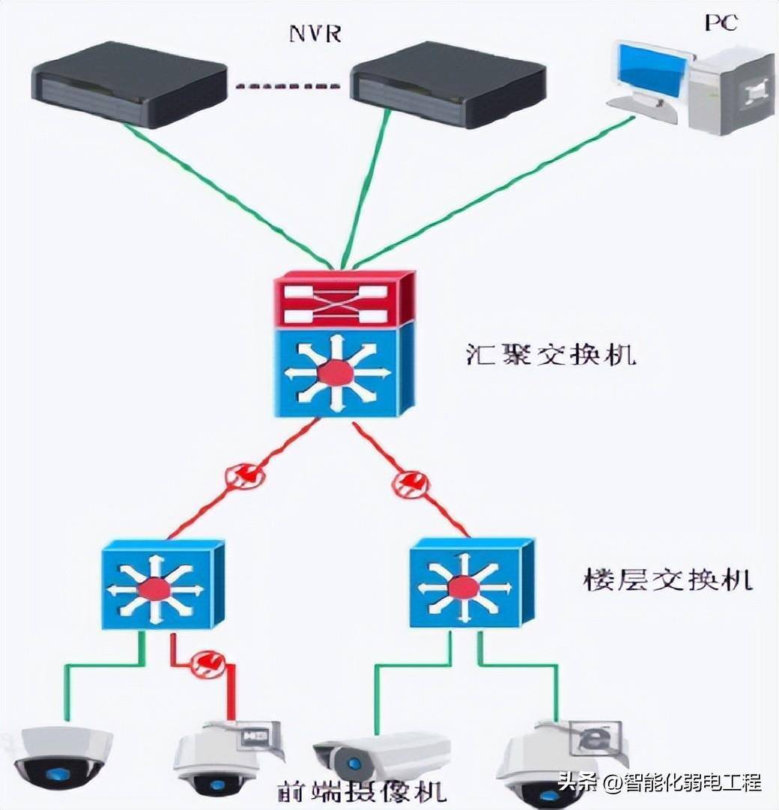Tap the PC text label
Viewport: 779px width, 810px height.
click(x=720, y=22)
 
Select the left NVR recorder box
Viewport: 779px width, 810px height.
click(x=129, y=85)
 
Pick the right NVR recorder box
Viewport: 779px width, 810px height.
click(x=449, y=85)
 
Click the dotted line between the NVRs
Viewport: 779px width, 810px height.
click(x=289, y=86)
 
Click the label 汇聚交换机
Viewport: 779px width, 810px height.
click(x=550, y=353)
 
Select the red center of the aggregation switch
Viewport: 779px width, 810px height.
click(x=335, y=373)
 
